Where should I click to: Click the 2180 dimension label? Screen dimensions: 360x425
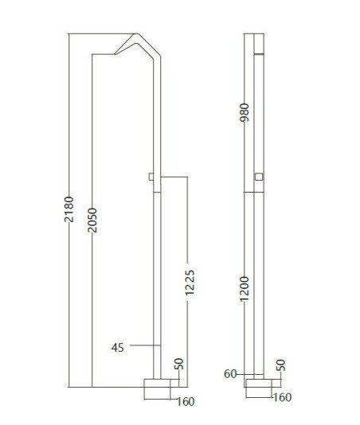[x=69, y=209]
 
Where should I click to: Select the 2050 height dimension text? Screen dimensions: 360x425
[x=92, y=220]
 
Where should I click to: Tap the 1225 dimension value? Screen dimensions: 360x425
[x=190, y=283]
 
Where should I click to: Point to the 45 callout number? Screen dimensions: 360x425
[x=117, y=348]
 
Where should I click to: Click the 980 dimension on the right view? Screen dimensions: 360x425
[x=245, y=112]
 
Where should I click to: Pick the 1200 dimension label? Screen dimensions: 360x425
[x=245, y=289]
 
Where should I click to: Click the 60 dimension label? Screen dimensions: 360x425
[x=230, y=374]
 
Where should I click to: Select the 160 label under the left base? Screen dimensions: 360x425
[x=186, y=402]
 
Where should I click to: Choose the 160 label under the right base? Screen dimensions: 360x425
[x=283, y=397]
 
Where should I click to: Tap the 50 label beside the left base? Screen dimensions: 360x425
[x=179, y=364]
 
